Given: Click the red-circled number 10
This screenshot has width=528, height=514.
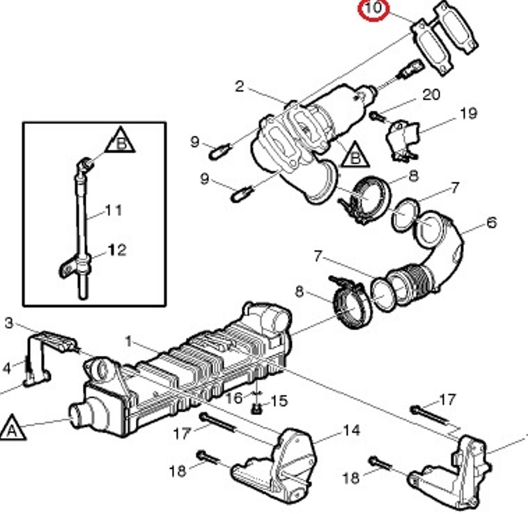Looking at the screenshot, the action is click(x=373, y=8).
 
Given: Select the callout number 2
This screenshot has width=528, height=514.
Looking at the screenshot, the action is click(x=240, y=86).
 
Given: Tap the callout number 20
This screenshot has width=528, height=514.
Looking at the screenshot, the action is click(x=431, y=94).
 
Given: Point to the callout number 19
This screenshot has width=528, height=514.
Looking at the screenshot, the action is click(x=468, y=114).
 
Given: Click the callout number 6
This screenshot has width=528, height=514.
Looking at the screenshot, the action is click(x=492, y=223).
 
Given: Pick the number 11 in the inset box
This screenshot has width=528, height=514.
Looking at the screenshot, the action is click(x=114, y=211).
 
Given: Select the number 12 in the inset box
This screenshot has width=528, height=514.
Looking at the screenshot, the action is click(x=118, y=250).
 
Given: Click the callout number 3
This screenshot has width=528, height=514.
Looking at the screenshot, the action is click(x=9, y=323).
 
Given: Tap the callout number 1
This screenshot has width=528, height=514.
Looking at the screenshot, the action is click(x=128, y=341).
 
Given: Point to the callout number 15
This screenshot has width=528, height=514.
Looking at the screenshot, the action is click(x=279, y=401).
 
